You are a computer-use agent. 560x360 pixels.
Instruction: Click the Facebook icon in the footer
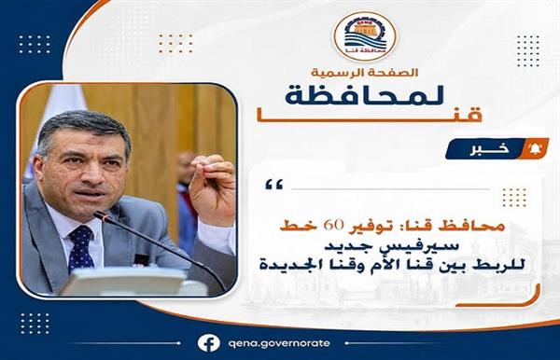pos(208,343)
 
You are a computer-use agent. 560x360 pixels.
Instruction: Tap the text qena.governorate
pos(278,343)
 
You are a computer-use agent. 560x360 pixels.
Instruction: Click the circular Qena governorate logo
pos(365,36)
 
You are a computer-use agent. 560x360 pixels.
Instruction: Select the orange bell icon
pos(535,149)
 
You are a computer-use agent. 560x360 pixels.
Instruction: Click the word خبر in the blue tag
pos(490,150)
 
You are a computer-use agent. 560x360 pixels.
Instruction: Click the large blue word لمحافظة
pos(365,96)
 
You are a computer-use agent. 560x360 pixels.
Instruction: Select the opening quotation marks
pos(274,185)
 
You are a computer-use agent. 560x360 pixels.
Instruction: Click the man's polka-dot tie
pos(80,247)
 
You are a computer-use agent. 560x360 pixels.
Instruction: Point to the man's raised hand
pos(213,189)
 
